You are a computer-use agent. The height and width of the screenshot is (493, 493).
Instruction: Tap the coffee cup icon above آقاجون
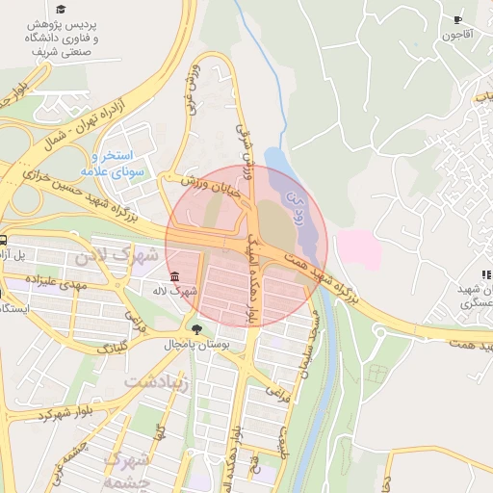[457, 19]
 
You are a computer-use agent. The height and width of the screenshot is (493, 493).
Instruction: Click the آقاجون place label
[457, 36]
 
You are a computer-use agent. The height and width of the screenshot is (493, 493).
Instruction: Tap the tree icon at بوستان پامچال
[197, 328]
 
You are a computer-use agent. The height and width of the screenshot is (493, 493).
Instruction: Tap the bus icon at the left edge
[4, 242]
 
